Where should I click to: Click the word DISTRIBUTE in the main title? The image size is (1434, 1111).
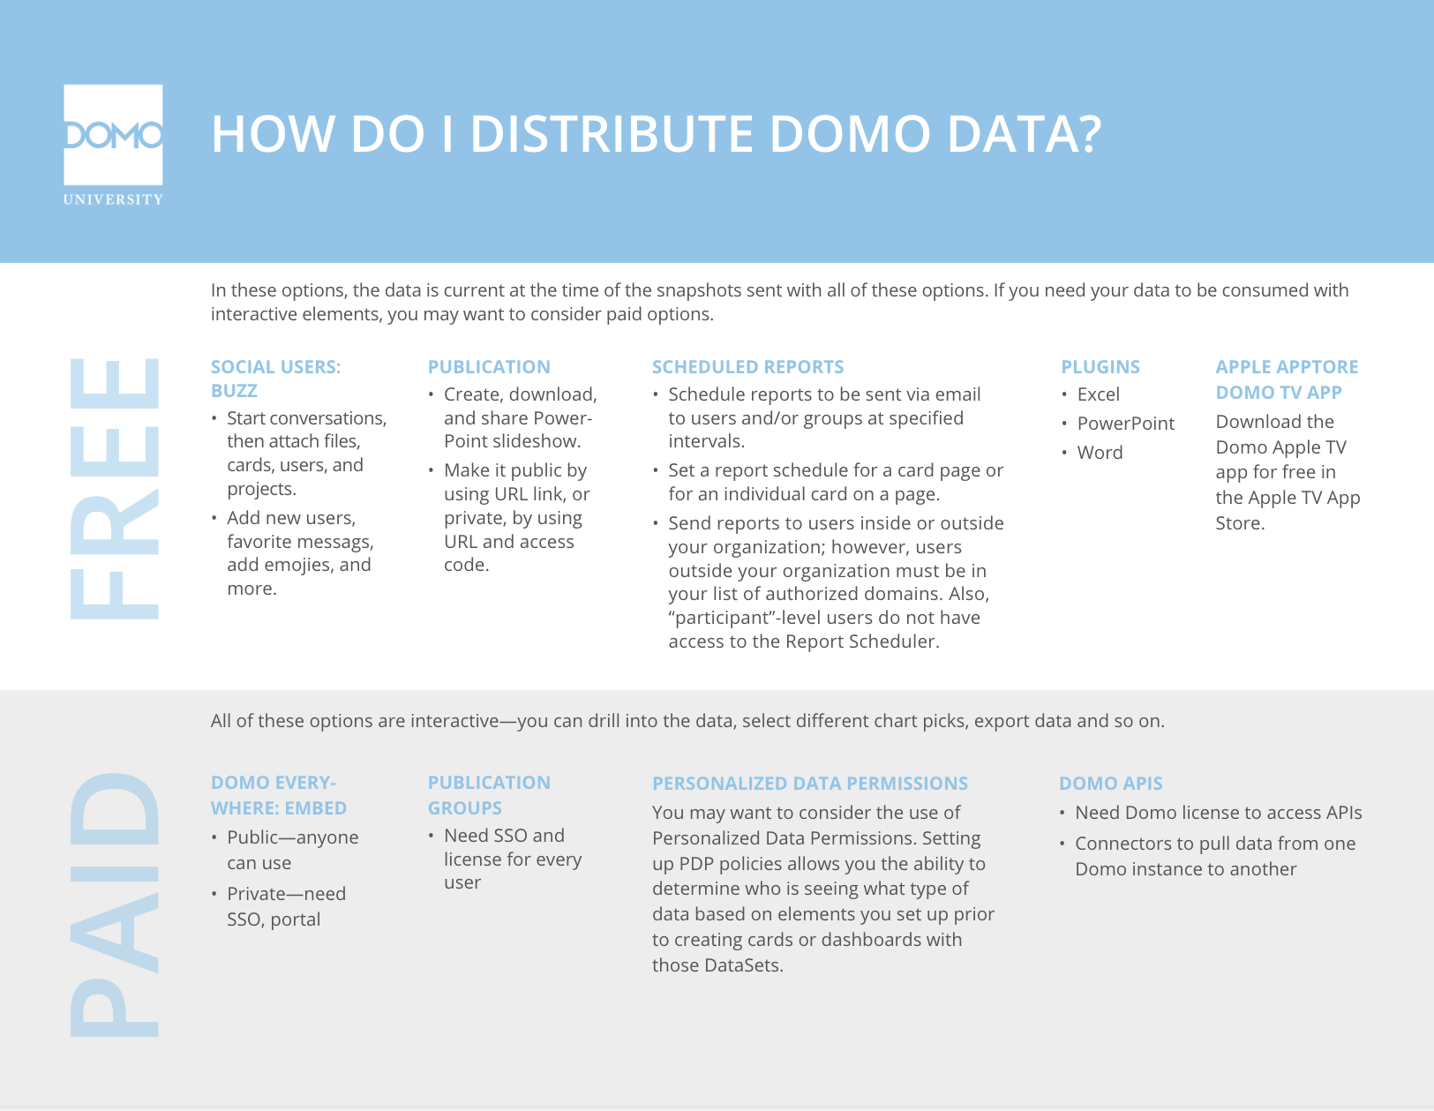pos(611,134)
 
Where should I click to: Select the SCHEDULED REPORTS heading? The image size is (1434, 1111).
pos(747,367)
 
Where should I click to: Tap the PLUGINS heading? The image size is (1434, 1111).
pos(1100,367)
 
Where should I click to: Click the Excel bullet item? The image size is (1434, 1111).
pos(1098,394)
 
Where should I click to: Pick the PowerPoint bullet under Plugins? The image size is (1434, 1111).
pos(1125,424)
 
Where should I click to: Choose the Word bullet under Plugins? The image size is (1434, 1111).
pos(1100,453)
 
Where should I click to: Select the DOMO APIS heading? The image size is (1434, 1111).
pos(1110,784)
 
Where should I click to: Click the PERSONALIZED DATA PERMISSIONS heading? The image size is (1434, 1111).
pos(809,784)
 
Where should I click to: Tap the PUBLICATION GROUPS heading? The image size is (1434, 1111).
pos(488,795)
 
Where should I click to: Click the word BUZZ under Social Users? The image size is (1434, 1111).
pos(234,391)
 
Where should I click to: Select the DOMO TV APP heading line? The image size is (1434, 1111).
pos(1278,393)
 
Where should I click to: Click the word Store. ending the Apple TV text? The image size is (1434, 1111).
pos(1240,523)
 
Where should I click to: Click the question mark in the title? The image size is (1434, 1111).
pos(1088,134)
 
